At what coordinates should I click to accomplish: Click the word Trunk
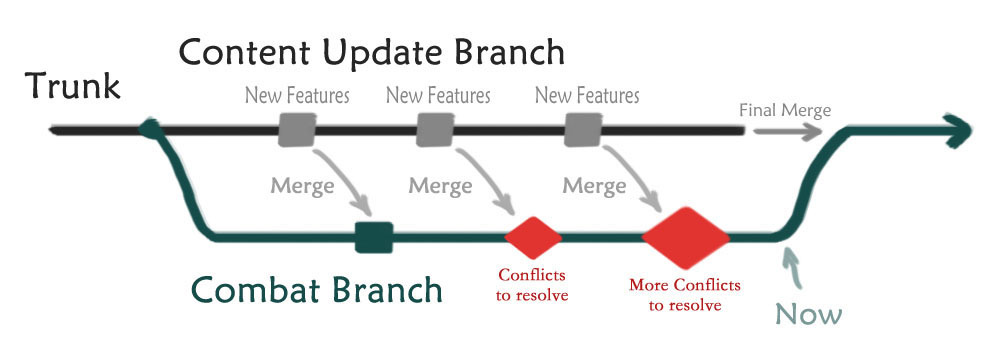point(73,86)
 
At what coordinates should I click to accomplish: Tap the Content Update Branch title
point(371,52)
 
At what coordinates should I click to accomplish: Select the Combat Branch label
point(316,289)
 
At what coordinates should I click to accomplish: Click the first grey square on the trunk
point(297,130)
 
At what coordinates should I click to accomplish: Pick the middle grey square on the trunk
point(435,130)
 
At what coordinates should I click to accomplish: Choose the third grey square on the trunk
point(584,130)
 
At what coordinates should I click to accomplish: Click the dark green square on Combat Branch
point(374,237)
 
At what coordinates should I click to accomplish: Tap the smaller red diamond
point(533,237)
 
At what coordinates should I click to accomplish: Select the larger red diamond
point(686,237)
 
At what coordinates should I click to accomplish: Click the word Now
point(809,314)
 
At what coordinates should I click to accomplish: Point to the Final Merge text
point(785,110)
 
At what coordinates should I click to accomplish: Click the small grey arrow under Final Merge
point(788,132)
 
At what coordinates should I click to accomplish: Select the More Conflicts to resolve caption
point(685,294)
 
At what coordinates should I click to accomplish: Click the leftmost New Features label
point(298,96)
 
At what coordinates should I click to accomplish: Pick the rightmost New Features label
point(587,96)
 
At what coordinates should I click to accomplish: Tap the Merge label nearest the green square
point(302,186)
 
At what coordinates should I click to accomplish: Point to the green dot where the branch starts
point(151,130)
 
